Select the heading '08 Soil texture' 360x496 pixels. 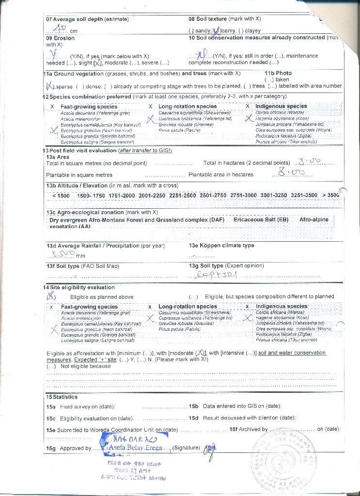(x=207, y=19)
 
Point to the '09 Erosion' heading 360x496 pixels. (x=60, y=38)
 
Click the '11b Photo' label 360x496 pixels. (x=278, y=73)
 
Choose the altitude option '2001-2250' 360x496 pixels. (x=152, y=195)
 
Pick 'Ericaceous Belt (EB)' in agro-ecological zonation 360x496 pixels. (x=261, y=219)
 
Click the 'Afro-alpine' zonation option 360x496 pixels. (x=313, y=219)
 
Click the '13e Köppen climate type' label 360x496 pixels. (x=221, y=246)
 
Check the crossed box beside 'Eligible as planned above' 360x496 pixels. (x=51, y=296)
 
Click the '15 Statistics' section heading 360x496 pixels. (x=62, y=397)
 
